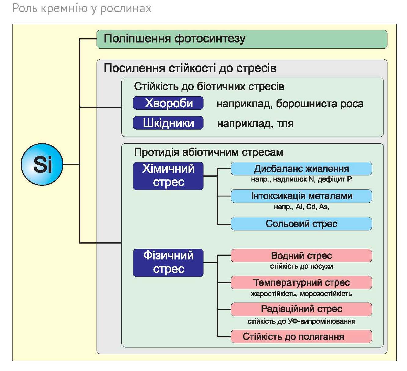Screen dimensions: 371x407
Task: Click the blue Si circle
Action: [42, 164]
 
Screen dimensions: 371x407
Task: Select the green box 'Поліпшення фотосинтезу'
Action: [242, 39]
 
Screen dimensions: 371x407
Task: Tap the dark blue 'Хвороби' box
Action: [168, 103]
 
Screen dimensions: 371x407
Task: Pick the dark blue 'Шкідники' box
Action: [168, 123]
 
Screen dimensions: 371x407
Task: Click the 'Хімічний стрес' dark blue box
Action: [168, 176]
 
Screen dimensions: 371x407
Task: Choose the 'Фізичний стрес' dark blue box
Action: [168, 263]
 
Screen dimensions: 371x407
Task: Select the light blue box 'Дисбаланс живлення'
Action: [301, 169]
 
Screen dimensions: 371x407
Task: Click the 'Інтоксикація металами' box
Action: [301, 196]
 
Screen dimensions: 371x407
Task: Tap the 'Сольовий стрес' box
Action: [301, 224]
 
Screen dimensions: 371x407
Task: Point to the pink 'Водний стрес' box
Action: [301, 255]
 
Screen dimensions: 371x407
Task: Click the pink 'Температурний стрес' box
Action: [301, 282]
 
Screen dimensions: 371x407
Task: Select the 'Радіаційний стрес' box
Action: [301, 309]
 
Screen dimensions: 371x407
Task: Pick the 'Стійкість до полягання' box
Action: [301, 336]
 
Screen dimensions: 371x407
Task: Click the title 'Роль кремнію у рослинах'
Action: [82, 8]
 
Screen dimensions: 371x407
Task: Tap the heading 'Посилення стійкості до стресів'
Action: [190, 68]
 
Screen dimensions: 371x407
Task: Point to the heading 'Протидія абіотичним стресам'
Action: [208, 152]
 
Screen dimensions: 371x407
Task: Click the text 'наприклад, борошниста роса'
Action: [290, 104]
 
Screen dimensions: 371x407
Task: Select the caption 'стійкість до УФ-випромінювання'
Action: [301, 321]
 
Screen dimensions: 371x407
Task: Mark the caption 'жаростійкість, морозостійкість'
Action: [301, 294]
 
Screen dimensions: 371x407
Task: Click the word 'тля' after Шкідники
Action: [285, 124]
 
